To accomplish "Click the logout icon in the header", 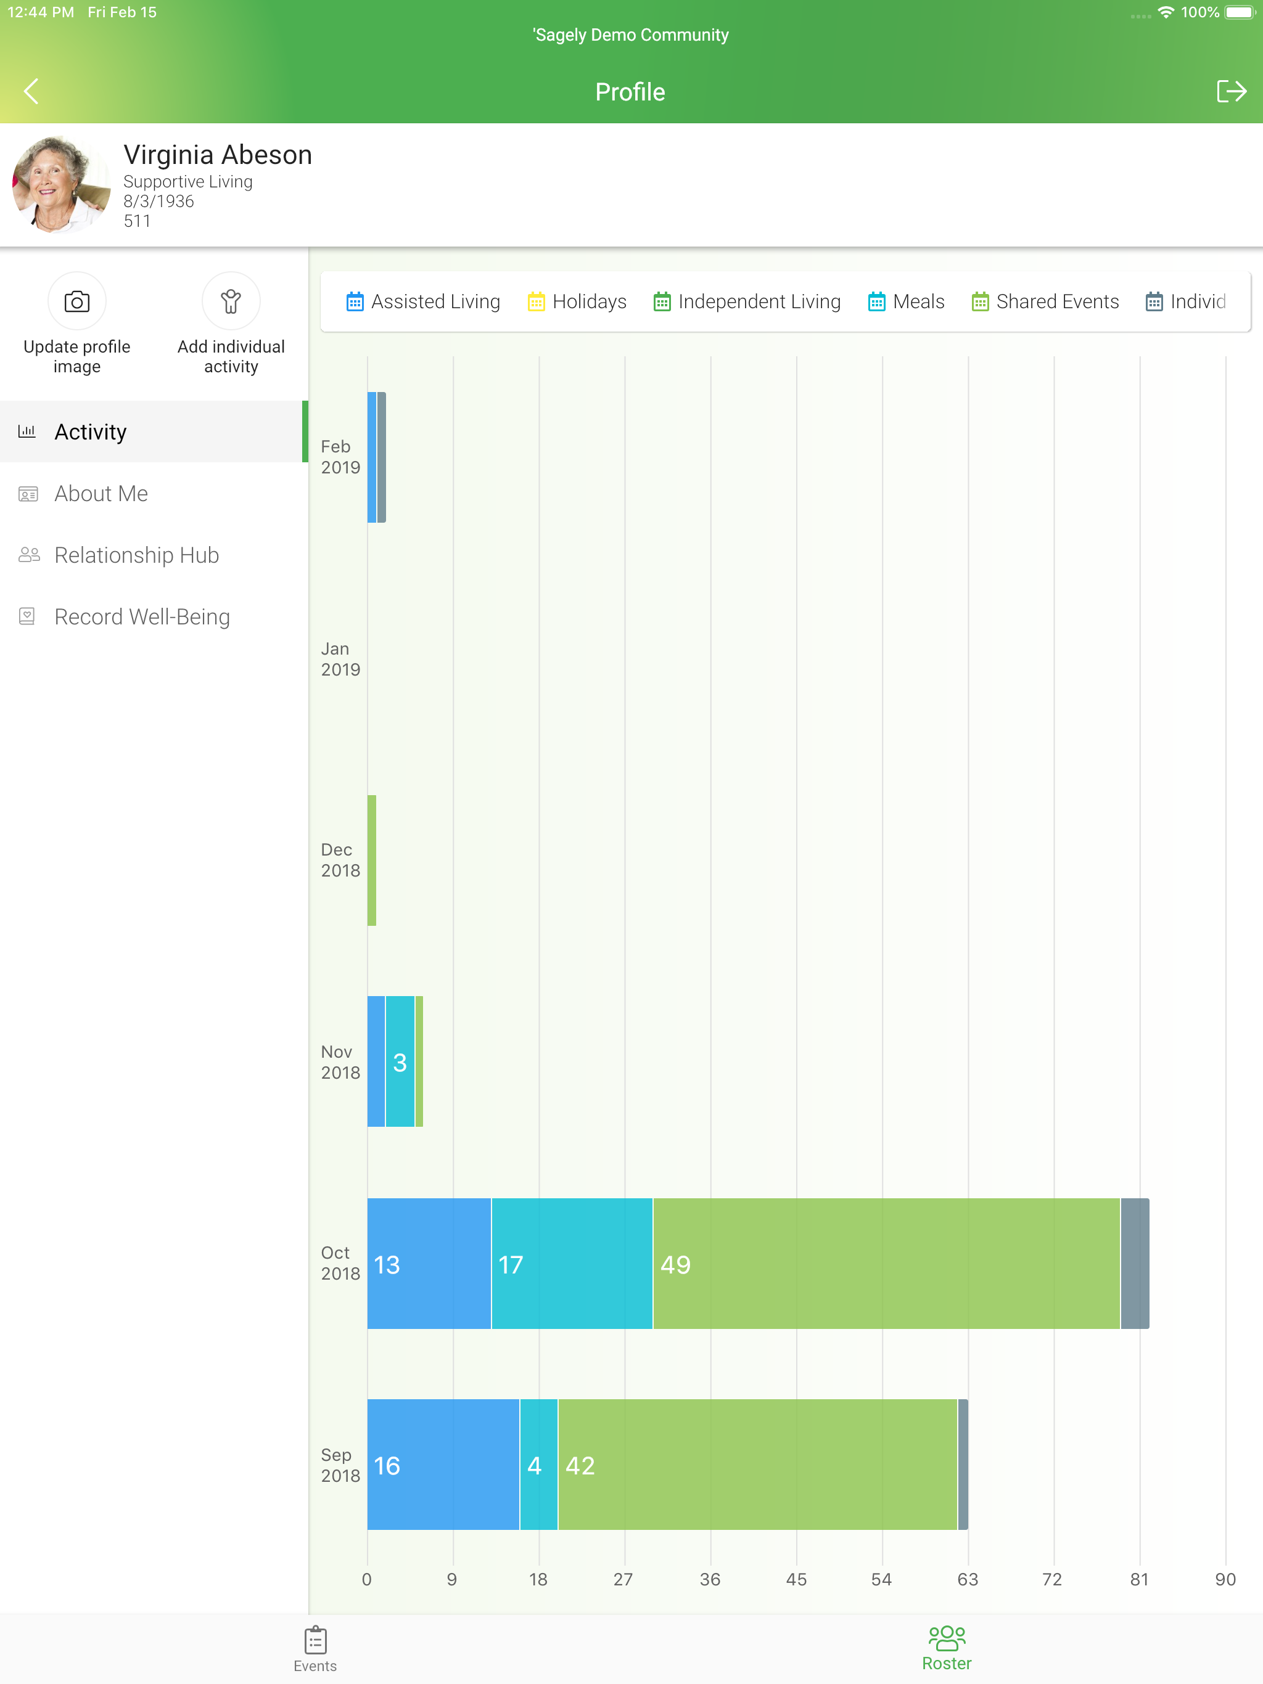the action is pos(1231,91).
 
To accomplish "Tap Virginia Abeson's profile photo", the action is pos(61,184).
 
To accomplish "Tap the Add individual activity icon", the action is pos(231,301).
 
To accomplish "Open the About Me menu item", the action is pos(101,493).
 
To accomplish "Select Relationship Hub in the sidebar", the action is pos(136,555).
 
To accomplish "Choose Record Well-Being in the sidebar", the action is pos(142,616).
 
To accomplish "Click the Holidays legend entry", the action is pos(577,301).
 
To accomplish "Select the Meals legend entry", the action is pos(907,301).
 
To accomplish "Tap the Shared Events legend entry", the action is pos(1045,301).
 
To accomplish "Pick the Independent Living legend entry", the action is pos(747,301).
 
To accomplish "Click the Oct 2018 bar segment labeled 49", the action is pos(887,1264).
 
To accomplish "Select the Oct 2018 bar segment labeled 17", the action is pos(572,1264).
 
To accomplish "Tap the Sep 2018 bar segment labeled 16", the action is pos(443,1465).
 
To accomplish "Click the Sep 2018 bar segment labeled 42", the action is pos(758,1465).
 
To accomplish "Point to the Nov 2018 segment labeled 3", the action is pos(400,1061).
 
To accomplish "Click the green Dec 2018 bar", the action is pos(372,860).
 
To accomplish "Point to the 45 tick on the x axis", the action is pos(796,1580).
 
